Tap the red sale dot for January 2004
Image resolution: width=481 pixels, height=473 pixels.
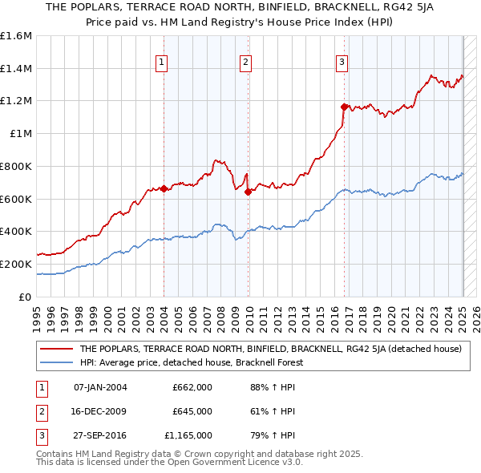click(x=164, y=189)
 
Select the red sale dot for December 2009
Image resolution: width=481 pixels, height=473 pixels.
click(x=248, y=192)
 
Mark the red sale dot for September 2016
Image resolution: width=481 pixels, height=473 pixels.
click(x=344, y=107)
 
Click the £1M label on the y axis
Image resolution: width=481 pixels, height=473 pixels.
click(x=20, y=134)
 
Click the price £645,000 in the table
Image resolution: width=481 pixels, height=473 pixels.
click(x=192, y=411)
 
